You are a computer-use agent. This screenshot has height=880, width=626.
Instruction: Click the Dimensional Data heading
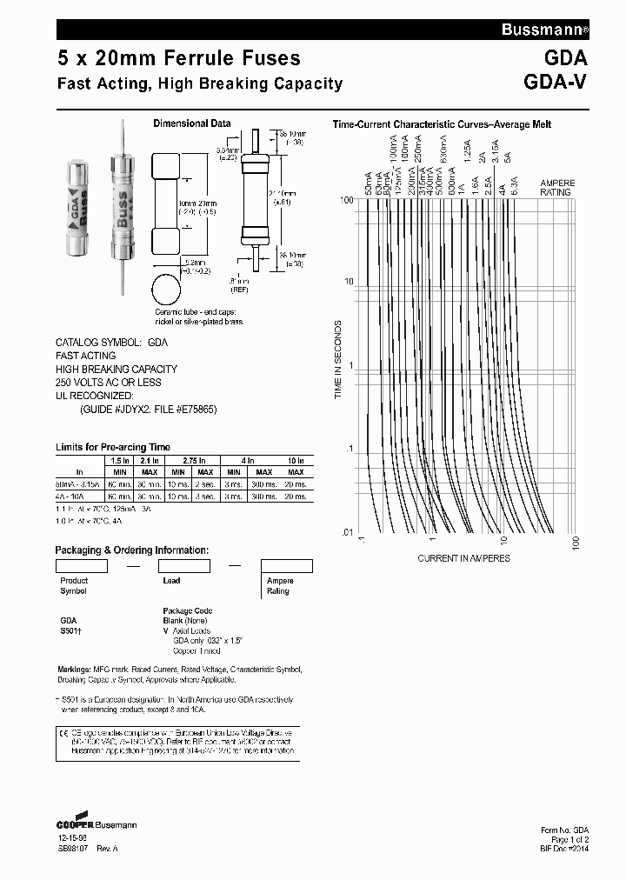coord(192,123)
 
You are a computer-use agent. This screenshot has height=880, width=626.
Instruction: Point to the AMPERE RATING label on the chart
coord(557,188)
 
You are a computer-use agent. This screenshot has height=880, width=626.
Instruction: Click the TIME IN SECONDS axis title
coord(339,360)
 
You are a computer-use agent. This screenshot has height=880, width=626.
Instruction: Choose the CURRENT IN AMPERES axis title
coord(464,557)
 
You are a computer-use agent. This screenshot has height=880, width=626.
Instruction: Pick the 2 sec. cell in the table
coord(206,483)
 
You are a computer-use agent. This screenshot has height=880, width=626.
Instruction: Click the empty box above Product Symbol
coord(81,565)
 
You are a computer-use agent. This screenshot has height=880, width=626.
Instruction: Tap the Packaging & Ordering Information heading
coord(131,550)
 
